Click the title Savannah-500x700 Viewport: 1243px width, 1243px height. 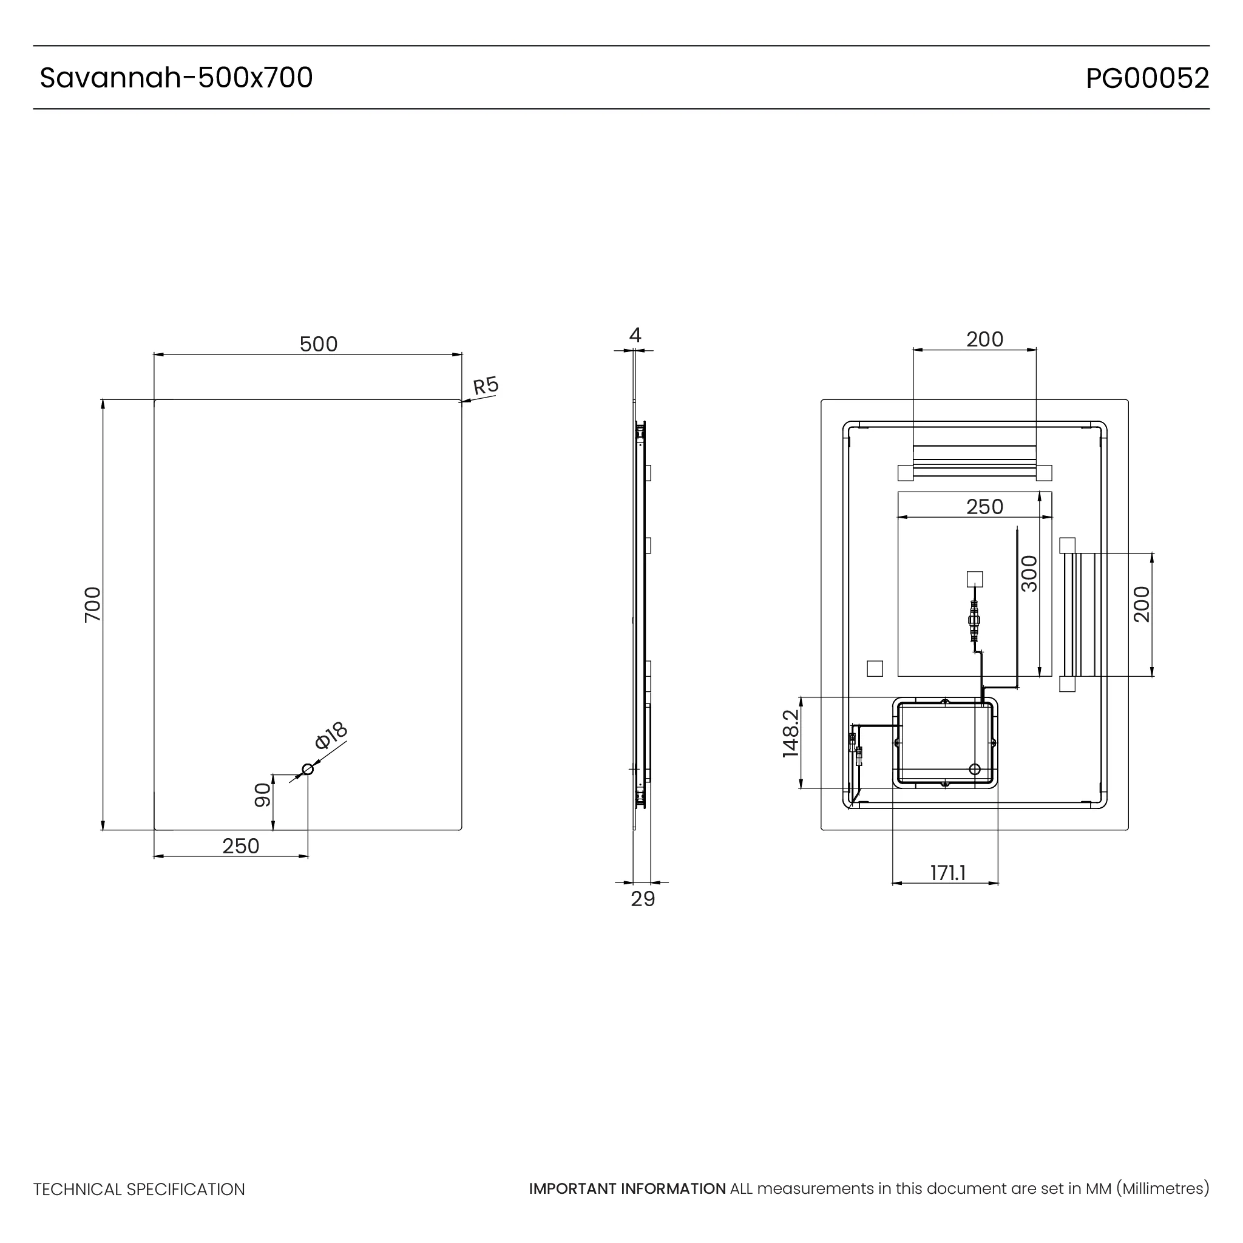coord(176,78)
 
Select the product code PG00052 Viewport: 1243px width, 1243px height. coord(1147,78)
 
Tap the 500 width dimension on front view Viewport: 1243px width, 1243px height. coord(319,344)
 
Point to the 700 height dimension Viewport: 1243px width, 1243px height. coord(93,604)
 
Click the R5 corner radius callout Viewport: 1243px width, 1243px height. coord(486,386)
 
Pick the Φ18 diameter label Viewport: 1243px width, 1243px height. coord(331,736)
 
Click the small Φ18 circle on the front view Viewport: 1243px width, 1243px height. coord(308,770)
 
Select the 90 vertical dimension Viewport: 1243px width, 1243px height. coord(262,795)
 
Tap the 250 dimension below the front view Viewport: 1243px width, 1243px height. coord(240,846)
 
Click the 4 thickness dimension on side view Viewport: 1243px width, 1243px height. coord(635,335)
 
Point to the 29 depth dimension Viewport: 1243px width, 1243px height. coord(642,899)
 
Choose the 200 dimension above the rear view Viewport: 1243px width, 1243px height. coord(984,339)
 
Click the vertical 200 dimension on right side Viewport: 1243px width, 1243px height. coord(1142,604)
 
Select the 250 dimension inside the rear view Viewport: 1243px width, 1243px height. coord(984,507)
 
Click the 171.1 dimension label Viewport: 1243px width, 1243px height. coord(947,873)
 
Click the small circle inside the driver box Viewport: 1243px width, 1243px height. coord(974,770)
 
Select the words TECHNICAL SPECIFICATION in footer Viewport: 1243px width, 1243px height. coord(139,1190)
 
